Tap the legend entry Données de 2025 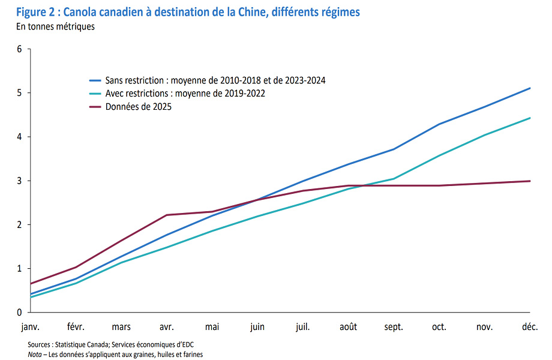click(x=138, y=107)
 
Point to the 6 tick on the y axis click(x=19, y=49)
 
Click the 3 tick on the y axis click(x=19, y=181)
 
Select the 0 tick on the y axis click(x=19, y=312)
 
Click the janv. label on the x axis click(x=30, y=327)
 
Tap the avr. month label click(x=166, y=327)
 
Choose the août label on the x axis click(x=348, y=327)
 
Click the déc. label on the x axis click(x=530, y=327)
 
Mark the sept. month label click(x=394, y=327)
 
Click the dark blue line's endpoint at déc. click(x=530, y=88)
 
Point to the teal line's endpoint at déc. click(x=530, y=118)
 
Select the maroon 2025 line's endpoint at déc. click(x=530, y=181)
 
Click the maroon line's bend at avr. click(x=166, y=215)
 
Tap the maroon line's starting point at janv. click(x=30, y=283)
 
